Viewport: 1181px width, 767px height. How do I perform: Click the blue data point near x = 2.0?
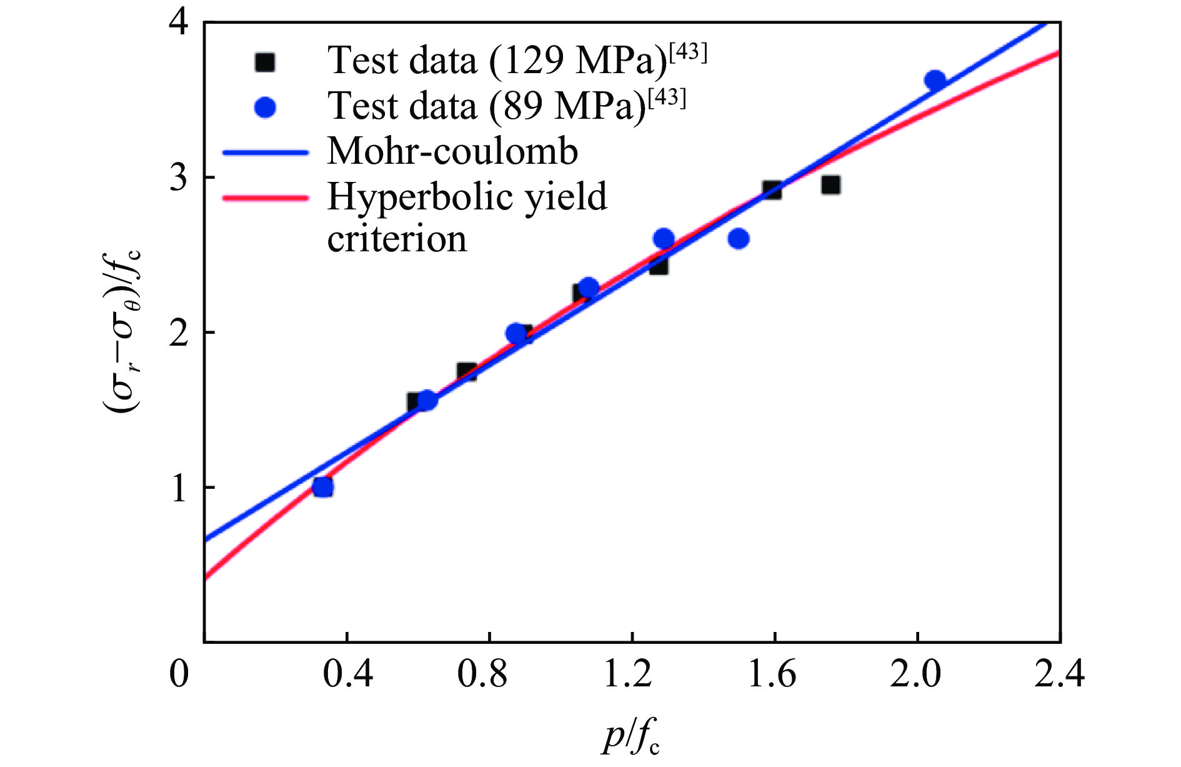pos(935,81)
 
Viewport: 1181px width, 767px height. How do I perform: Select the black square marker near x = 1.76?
pos(830,185)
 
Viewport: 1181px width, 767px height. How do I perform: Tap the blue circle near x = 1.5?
pos(739,239)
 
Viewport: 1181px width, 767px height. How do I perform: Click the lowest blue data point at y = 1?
pos(322,487)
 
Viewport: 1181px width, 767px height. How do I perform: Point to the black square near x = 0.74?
pos(467,372)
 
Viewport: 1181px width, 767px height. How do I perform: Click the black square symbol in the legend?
pos(266,62)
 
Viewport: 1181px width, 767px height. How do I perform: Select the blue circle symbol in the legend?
pos(266,108)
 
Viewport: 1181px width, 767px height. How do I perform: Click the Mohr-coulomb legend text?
pos(452,152)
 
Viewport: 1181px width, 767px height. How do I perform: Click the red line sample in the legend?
pos(266,198)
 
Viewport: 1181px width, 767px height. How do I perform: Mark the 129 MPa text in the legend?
pos(577,62)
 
